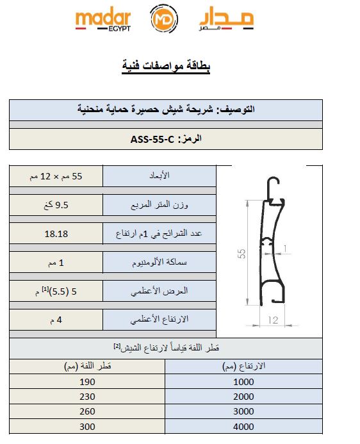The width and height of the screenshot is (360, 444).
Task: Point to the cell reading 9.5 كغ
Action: coord(56,204)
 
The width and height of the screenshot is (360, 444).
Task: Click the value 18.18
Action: coord(56,233)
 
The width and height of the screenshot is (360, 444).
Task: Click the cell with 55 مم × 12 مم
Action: coord(56,176)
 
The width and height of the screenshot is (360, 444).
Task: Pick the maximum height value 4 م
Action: coord(56,319)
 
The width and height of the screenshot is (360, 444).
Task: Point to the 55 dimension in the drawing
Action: coord(241,254)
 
